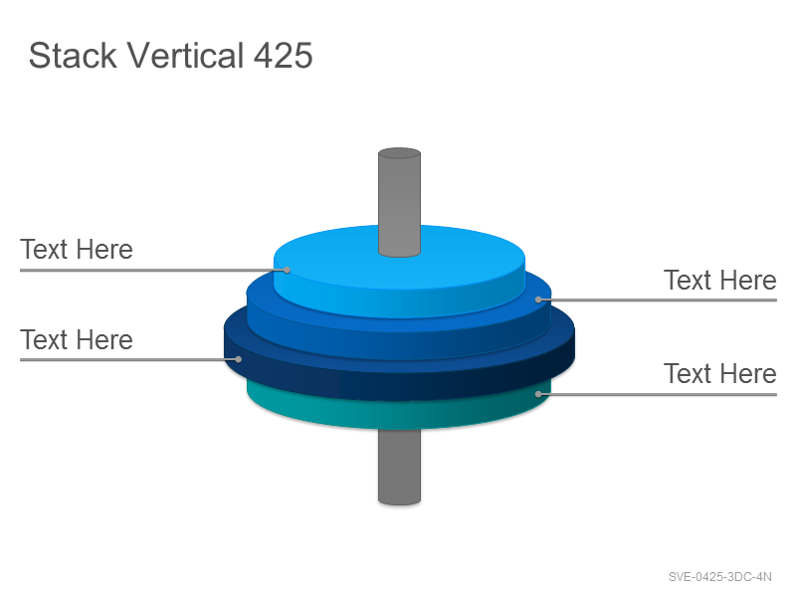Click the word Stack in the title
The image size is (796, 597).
tap(73, 55)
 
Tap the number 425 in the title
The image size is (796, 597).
tap(283, 56)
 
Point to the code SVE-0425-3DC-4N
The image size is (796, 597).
tap(719, 577)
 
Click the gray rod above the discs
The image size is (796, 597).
tap(399, 202)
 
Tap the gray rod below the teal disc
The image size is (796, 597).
tap(399, 467)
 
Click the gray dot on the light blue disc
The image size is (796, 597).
tap(287, 270)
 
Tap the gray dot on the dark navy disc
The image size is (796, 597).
tap(238, 359)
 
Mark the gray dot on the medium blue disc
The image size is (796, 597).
tap(538, 299)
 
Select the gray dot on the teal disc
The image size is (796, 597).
tap(538, 393)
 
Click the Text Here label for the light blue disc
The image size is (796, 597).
tap(77, 250)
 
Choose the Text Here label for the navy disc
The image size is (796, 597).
tap(77, 339)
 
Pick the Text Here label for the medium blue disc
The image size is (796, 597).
tap(719, 281)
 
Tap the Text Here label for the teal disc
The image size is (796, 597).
tap(719, 374)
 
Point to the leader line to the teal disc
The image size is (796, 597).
tap(658, 394)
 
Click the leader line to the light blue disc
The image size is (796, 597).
tap(153, 270)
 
